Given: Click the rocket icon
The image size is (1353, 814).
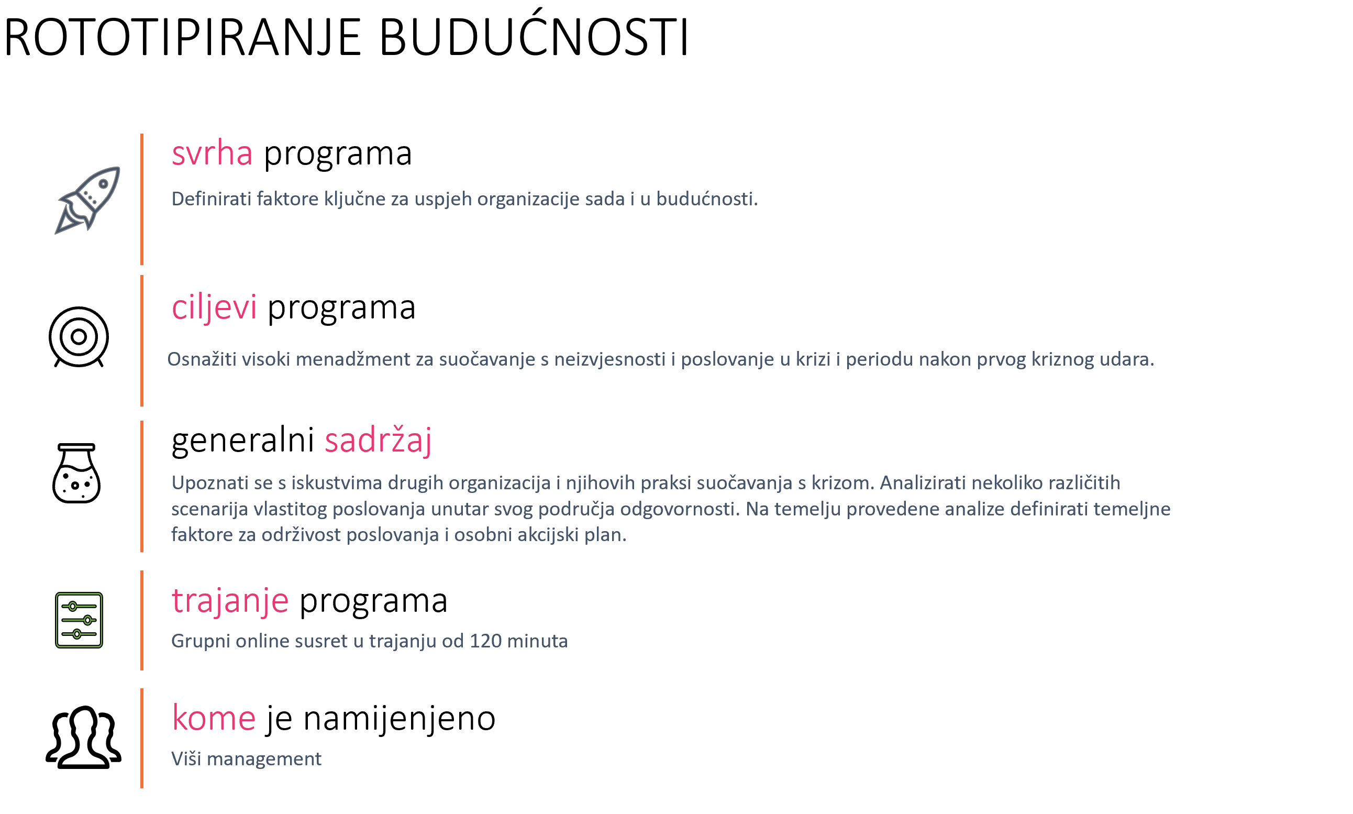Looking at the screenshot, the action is click(x=88, y=200).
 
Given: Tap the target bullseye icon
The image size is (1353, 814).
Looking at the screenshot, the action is click(x=79, y=337).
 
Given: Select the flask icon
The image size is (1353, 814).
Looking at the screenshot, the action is click(x=76, y=473).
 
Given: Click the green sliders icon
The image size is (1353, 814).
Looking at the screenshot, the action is click(x=79, y=620).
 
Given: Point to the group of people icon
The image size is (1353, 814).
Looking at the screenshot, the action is click(x=83, y=736).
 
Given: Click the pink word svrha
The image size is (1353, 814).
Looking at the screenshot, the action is click(x=212, y=153).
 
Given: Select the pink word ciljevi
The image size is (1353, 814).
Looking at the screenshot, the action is click(x=214, y=307).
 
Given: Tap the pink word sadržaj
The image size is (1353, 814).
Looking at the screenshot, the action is click(x=378, y=441).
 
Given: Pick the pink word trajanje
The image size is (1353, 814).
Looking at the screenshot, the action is click(x=230, y=601).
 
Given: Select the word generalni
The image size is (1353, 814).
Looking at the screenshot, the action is click(x=243, y=440).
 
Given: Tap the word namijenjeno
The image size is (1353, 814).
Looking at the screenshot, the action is click(x=399, y=719).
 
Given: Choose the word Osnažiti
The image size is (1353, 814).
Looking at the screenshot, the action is click(x=202, y=359).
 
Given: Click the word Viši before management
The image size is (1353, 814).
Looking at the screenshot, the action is click(x=186, y=758).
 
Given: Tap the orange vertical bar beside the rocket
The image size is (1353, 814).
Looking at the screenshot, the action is click(x=142, y=199).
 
